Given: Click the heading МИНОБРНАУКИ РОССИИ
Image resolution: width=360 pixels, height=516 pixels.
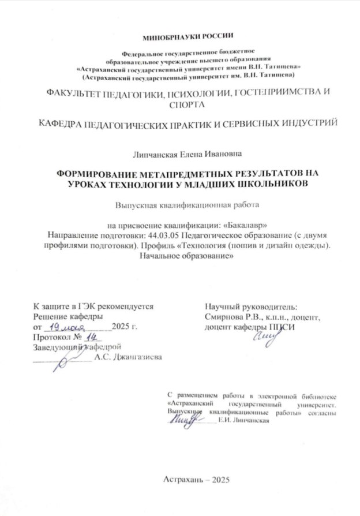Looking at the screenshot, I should coord(180,37).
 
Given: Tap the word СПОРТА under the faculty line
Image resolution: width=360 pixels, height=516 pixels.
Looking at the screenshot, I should coord(180,104).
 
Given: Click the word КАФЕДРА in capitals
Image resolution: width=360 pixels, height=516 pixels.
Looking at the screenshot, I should coord(57,124).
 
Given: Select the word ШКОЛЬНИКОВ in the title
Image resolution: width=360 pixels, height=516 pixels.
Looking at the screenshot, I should coord(270,184).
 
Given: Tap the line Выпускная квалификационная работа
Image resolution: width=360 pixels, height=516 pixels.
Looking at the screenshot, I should coord(179,204).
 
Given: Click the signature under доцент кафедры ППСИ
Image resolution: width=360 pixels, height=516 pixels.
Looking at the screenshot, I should coord(264,336).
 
